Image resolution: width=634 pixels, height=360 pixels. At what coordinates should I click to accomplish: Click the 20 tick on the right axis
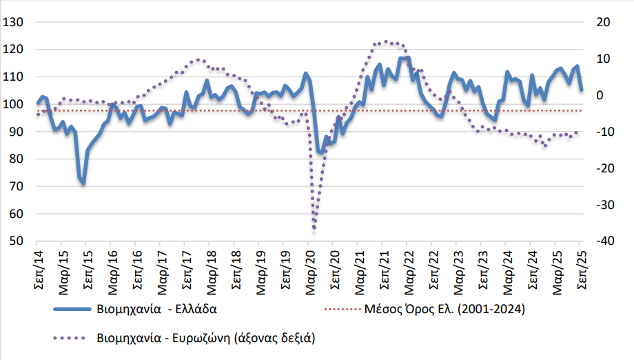pos(603,22)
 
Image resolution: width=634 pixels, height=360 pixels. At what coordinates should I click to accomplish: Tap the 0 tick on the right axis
pos(600,95)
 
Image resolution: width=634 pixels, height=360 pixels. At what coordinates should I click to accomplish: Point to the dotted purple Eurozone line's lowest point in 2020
pos(314,228)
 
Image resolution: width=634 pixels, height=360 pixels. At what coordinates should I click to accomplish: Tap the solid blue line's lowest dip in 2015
pos(83,183)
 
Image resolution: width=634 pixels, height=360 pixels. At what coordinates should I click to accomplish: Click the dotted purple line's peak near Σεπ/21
pos(385,42)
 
